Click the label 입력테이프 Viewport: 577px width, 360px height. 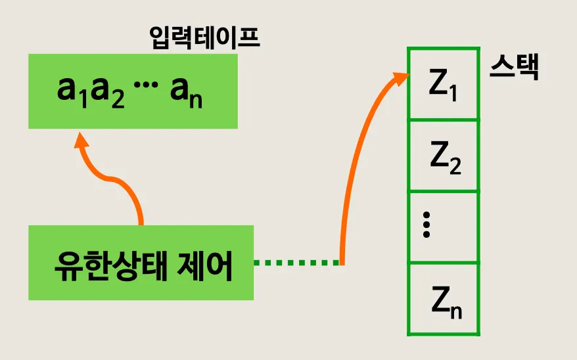point(205,38)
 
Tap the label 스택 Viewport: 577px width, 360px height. point(514,68)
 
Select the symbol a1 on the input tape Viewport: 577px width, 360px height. point(73,92)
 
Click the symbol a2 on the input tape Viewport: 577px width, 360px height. point(106,92)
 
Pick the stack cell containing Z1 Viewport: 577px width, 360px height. point(443,83)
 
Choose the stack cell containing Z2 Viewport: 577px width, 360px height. point(443,156)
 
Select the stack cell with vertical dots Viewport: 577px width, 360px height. point(443,227)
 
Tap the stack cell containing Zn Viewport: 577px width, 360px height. point(443,299)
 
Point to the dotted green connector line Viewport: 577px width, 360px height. point(296,263)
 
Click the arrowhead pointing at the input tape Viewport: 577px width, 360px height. point(81,142)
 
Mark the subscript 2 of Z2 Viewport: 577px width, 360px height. point(455,166)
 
